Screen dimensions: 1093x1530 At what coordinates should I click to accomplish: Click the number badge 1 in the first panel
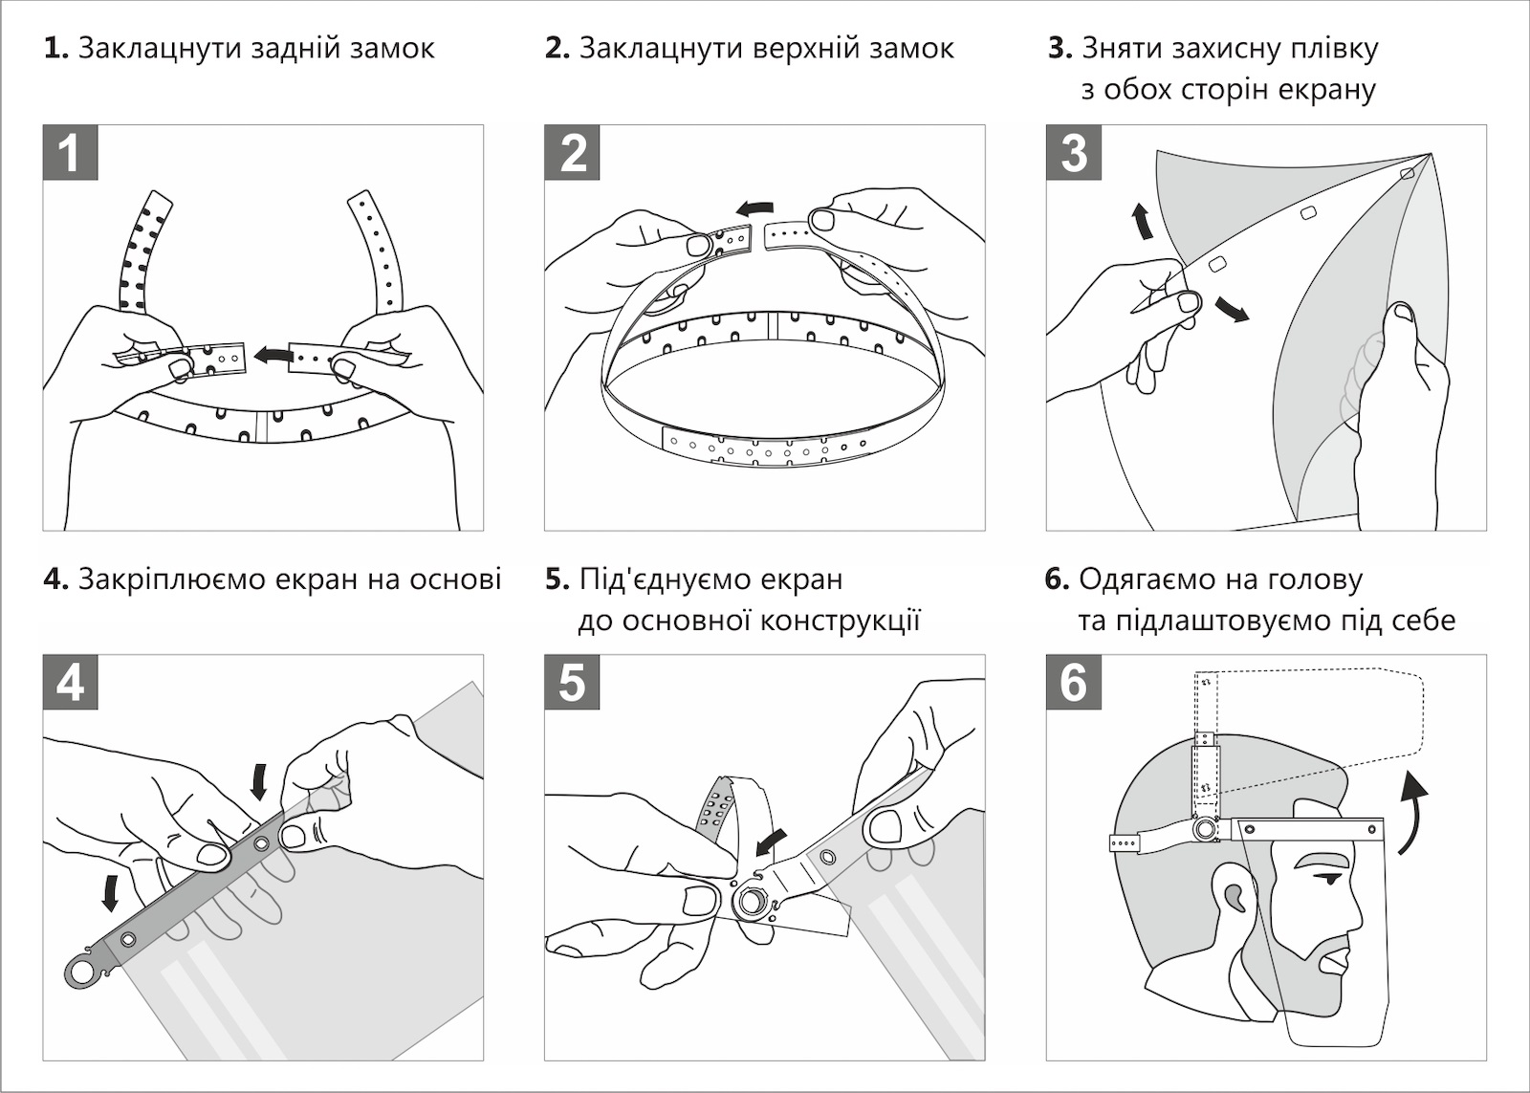click(x=70, y=152)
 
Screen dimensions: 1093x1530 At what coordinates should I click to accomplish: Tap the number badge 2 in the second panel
click(x=572, y=152)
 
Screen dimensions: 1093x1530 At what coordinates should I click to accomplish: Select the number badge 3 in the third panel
click(x=1074, y=152)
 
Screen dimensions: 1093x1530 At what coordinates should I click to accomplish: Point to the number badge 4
click(x=70, y=683)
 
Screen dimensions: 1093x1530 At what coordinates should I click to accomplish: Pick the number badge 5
click(x=572, y=683)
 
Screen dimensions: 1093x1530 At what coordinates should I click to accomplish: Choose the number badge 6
click(x=1074, y=683)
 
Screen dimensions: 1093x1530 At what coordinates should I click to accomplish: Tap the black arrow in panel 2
click(x=757, y=207)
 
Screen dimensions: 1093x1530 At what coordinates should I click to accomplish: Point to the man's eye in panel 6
click(x=1329, y=878)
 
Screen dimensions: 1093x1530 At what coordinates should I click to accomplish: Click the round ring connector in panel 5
click(x=753, y=899)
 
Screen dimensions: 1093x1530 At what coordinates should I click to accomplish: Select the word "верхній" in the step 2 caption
click(x=804, y=48)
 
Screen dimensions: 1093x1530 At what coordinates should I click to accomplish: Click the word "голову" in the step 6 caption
click(x=1314, y=579)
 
